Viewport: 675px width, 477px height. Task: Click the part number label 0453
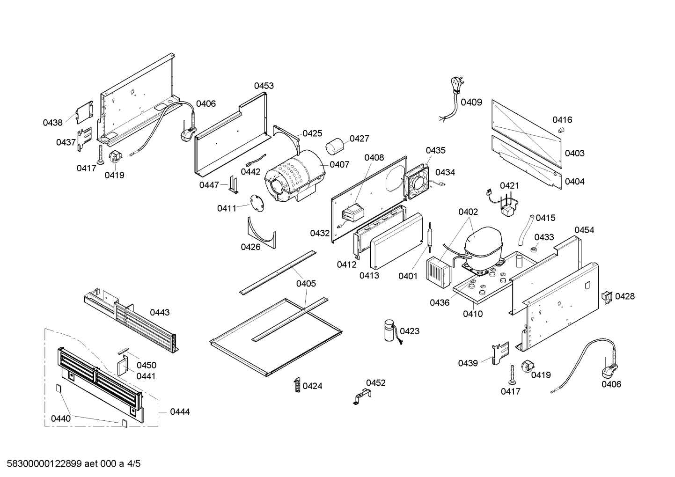coord(264,86)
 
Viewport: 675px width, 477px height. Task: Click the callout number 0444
coord(180,411)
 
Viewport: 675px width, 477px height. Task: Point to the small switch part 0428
coord(607,297)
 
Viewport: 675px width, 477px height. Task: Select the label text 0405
coord(306,283)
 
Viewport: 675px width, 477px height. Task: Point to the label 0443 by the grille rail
coord(160,312)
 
